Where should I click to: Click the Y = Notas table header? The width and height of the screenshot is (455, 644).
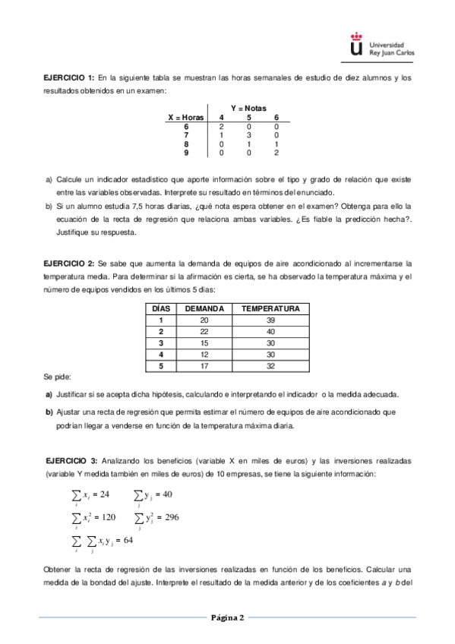[x=248, y=109]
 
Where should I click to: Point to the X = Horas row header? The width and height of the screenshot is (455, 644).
[x=185, y=118]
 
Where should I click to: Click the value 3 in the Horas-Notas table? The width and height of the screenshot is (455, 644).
[x=248, y=135]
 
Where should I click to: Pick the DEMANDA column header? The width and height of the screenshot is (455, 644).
[x=204, y=309]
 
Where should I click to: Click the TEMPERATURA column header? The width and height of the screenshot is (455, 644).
[x=270, y=309]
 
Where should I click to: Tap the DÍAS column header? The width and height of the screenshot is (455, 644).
[x=160, y=309]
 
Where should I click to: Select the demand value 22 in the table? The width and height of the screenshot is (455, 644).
[x=204, y=331]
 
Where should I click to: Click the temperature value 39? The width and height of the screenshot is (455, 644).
[x=270, y=320]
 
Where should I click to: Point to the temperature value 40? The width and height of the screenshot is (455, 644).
[x=270, y=331]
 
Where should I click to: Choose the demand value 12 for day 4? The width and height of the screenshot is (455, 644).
[x=204, y=354]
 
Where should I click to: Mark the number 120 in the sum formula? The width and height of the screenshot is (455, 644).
[x=106, y=517]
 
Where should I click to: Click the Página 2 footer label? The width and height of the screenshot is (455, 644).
[x=227, y=617]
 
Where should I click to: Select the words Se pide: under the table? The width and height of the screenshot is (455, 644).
[x=56, y=377]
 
